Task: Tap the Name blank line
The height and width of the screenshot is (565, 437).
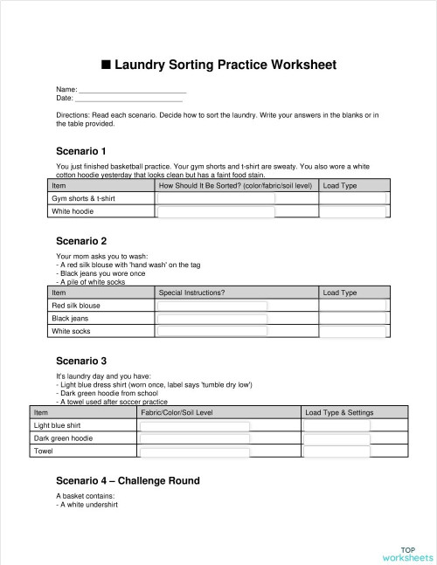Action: click(132, 91)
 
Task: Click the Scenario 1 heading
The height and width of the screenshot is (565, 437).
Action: click(81, 151)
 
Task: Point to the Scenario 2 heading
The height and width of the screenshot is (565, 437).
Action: click(81, 241)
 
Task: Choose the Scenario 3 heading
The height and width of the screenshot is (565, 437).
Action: click(81, 361)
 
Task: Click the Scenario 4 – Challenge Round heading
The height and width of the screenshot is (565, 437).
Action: click(128, 481)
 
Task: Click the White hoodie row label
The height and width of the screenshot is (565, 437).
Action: click(73, 211)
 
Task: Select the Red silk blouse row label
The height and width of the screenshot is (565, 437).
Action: click(76, 307)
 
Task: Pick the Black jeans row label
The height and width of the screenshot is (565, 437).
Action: click(70, 319)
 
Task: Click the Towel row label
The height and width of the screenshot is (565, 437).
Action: click(43, 451)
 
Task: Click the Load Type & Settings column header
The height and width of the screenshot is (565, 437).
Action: click(339, 412)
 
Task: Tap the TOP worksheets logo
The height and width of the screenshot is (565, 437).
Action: click(407, 553)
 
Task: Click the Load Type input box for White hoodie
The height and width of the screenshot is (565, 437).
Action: click(351, 211)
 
